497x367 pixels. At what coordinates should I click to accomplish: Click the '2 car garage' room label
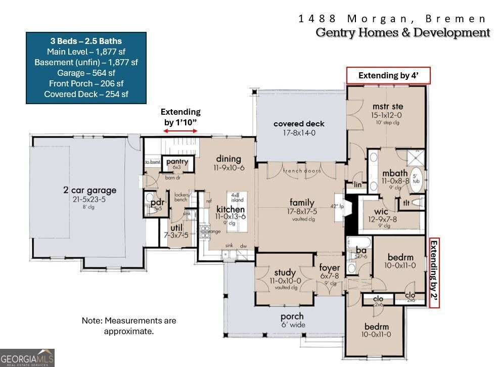click(x=89, y=191)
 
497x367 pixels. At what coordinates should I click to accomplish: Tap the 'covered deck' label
click(x=299, y=124)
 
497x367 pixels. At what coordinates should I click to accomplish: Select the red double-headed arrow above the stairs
click(x=180, y=131)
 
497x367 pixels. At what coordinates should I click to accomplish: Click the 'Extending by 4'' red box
click(x=388, y=75)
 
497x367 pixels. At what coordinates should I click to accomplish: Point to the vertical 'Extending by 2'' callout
click(x=434, y=272)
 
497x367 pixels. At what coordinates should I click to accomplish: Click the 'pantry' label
click(x=177, y=162)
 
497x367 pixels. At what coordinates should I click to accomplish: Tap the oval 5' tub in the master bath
click(x=417, y=181)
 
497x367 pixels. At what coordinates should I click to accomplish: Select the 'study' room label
click(x=285, y=273)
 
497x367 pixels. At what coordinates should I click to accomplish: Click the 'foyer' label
click(x=329, y=268)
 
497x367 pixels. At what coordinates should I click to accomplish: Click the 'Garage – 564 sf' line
click(x=86, y=73)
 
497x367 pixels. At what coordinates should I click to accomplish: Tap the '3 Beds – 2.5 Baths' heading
click(x=86, y=41)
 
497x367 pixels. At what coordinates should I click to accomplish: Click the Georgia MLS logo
click(x=27, y=357)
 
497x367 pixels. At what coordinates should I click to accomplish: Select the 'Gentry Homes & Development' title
click(x=402, y=33)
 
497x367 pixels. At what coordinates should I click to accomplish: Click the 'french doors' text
click(x=302, y=171)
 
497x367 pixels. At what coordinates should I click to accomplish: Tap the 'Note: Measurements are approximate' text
click(x=129, y=326)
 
